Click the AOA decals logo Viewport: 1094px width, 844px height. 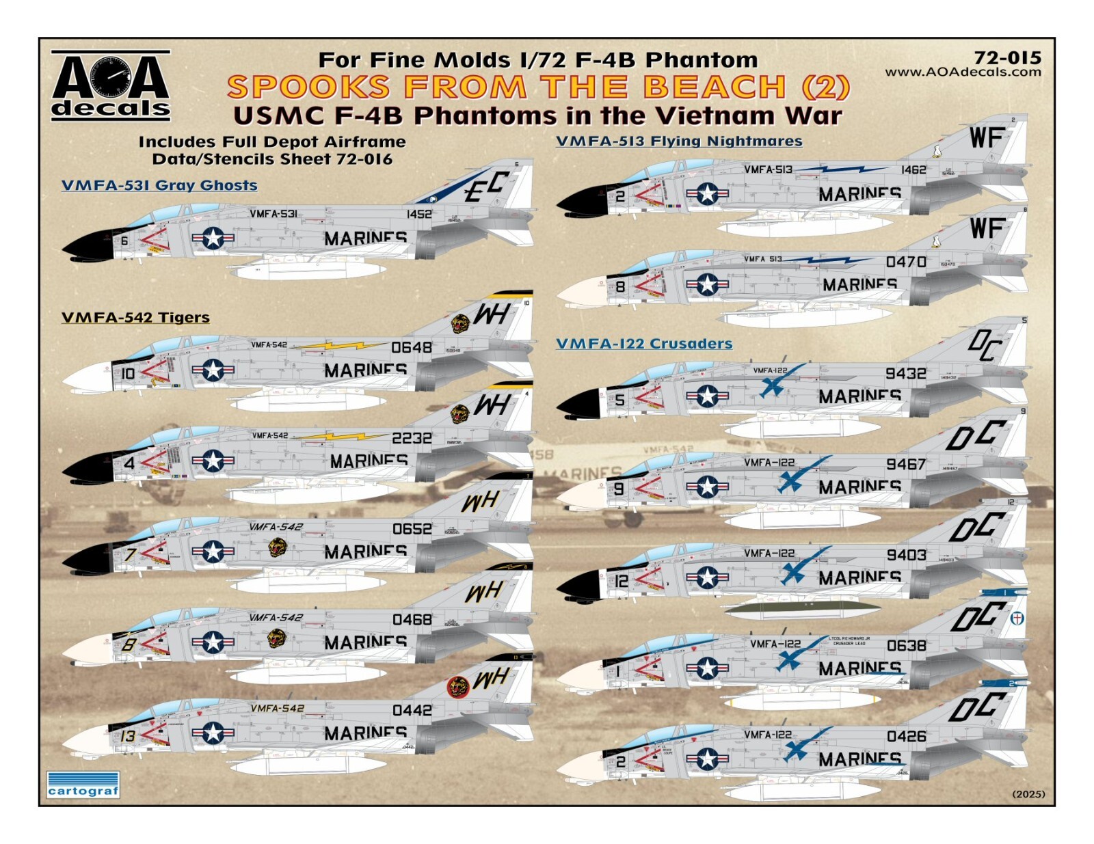[111, 85]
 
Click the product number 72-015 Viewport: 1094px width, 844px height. [1007, 58]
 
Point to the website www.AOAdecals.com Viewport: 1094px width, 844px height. [963, 72]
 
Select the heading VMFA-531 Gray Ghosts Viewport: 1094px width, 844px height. [159, 185]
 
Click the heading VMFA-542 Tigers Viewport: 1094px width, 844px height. [135, 318]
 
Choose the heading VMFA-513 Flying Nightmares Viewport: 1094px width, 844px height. [678, 141]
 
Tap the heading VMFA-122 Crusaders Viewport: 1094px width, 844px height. [644, 344]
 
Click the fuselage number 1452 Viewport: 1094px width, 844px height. [419, 214]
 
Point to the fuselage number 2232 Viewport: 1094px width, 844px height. [412, 438]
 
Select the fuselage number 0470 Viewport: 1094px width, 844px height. [906, 262]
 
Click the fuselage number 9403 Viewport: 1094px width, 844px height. [906, 555]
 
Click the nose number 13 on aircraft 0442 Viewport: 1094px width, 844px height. [128, 736]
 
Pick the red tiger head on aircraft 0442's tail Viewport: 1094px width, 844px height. [457, 686]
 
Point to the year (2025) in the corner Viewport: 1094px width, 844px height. [1028, 794]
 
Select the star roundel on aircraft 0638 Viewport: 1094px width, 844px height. [707, 668]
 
